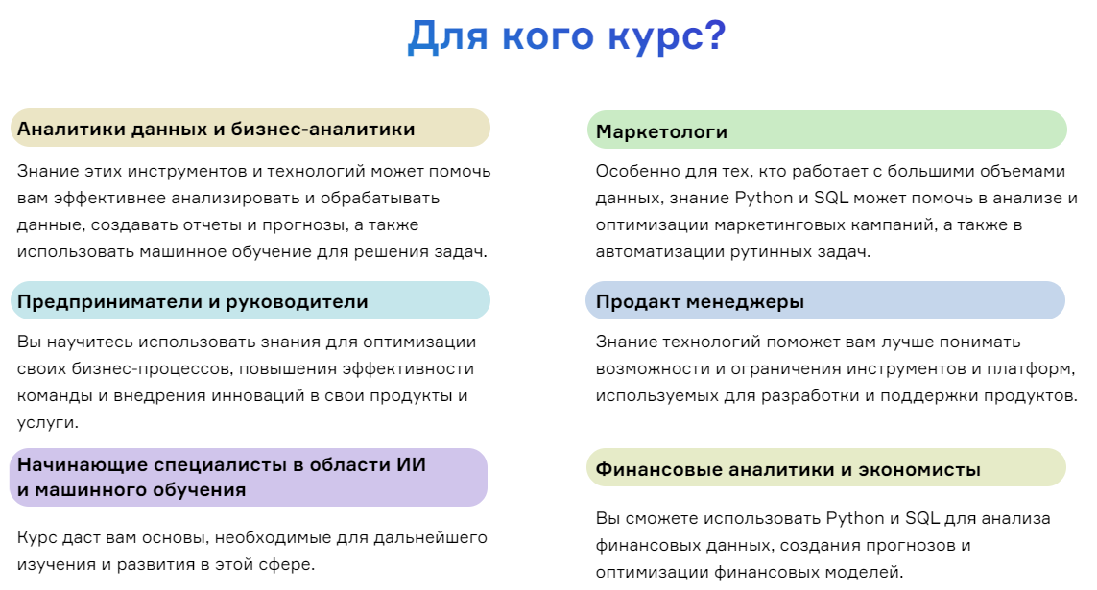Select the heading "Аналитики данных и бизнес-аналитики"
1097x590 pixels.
point(216,129)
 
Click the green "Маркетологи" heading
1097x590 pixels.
point(661,131)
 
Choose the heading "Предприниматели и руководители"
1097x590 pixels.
point(193,301)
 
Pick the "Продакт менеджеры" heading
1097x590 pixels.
point(700,301)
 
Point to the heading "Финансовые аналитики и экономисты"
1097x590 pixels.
point(788,469)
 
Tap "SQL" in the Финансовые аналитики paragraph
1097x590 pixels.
point(921,518)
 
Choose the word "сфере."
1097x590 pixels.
point(285,564)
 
